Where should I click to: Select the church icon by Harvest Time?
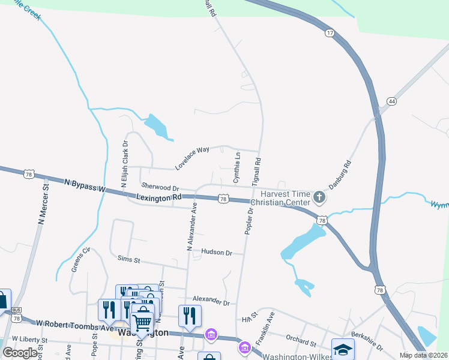pyautogui.click(x=319, y=196)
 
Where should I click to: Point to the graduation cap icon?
pyautogui.click(x=343, y=350)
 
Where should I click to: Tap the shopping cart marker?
pyautogui.click(x=142, y=323)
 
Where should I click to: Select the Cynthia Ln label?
pyautogui.click(x=237, y=167)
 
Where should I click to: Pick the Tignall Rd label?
pyautogui.click(x=256, y=170)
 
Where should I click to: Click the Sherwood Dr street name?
pyautogui.click(x=160, y=188)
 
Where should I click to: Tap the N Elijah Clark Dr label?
pyautogui.click(x=125, y=165)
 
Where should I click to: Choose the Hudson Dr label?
pyautogui.click(x=217, y=253)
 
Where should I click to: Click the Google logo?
pyautogui.click(x=20, y=352)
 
